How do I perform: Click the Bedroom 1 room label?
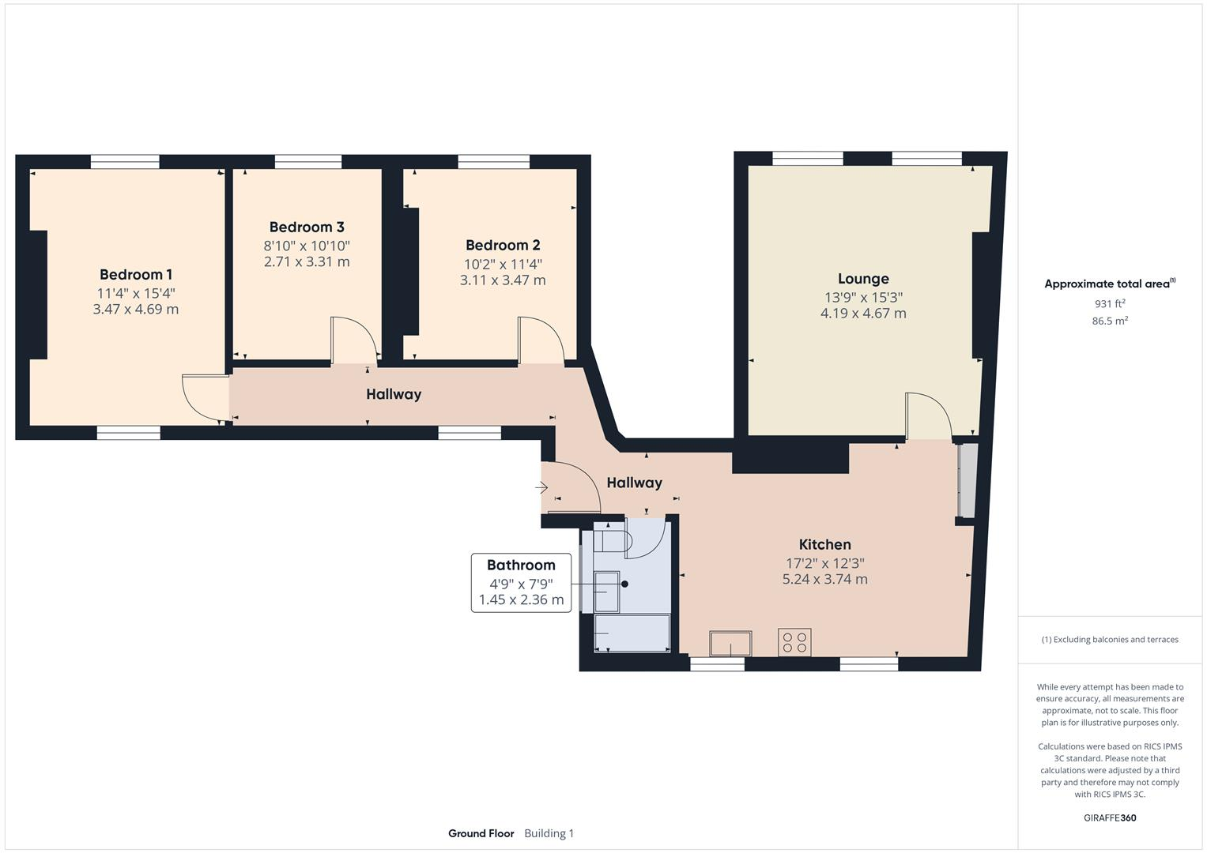pyautogui.click(x=136, y=275)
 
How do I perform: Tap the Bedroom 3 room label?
pyautogui.click(x=307, y=227)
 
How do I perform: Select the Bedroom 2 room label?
pyautogui.click(x=503, y=246)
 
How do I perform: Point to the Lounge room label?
pyautogui.click(x=863, y=279)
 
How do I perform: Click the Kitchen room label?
pyautogui.click(x=824, y=545)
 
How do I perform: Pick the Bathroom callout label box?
pyautogui.click(x=521, y=582)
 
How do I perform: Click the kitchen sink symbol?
pyautogui.click(x=730, y=644)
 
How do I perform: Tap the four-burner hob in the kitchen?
pyautogui.click(x=794, y=642)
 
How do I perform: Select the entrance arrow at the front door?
pyautogui.click(x=542, y=488)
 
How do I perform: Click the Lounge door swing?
pyautogui.click(x=929, y=415)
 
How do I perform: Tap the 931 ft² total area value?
pyautogui.click(x=1110, y=304)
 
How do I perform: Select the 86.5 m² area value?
pyautogui.click(x=1110, y=321)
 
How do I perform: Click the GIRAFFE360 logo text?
pyautogui.click(x=1110, y=817)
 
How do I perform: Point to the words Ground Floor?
pyautogui.click(x=481, y=833)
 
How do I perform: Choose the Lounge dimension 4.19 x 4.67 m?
pyautogui.click(x=863, y=314)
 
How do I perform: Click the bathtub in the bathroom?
pyautogui.click(x=632, y=633)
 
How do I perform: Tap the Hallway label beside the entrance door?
pyautogui.click(x=634, y=483)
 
